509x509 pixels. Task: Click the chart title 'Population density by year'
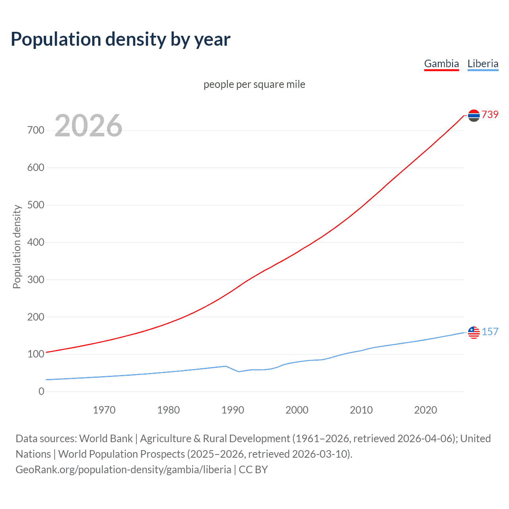(x=120, y=39)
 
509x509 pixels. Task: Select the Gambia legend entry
(x=441, y=64)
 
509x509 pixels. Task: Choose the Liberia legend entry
(x=483, y=64)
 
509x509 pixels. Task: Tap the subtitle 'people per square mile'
(x=254, y=84)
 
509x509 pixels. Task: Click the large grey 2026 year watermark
(x=88, y=126)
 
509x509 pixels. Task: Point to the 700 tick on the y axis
(x=36, y=130)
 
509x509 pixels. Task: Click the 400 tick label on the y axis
(x=36, y=242)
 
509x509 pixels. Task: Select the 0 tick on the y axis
(x=41, y=392)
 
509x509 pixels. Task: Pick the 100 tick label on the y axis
(x=36, y=354)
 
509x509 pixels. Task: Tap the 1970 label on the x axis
(x=104, y=410)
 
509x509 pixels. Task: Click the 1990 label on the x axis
(x=233, y=410)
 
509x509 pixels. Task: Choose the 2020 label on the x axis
(x=425, y=410)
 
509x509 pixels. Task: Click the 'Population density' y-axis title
(x=17, y=247)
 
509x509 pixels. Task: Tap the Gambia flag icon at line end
(x=474, y=115)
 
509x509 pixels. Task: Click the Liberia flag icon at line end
(x=474, y=332)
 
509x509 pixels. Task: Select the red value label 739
(x=490, y=115)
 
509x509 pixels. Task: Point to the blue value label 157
(x=490, y=332)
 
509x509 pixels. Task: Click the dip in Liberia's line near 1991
(x=239, y=371)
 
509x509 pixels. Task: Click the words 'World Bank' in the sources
(x=106, y=439)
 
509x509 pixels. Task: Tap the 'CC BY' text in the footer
(x=253, y=470)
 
